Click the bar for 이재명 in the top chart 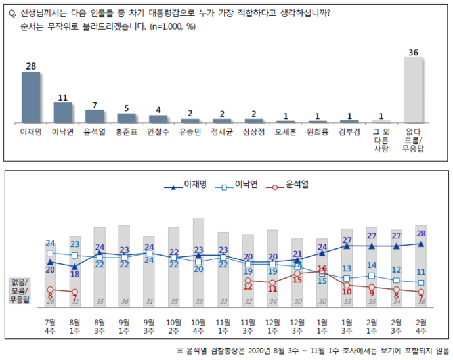[31, 97]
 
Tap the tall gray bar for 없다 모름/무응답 [413, 90]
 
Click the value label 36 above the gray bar [413, 51]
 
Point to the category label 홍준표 [126, 131]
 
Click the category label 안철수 [158, 131]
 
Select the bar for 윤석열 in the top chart [95, 116]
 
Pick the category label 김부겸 [349, 131]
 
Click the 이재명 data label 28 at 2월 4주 [420, 233]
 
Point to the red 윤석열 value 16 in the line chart [322, 269]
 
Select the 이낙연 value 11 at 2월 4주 [420, 272]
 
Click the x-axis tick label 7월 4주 [51, 326]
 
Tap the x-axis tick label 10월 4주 [198, 326]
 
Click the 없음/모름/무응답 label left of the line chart [20, 290]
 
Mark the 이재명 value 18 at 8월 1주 [75, 275]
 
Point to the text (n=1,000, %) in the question [173, 27]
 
